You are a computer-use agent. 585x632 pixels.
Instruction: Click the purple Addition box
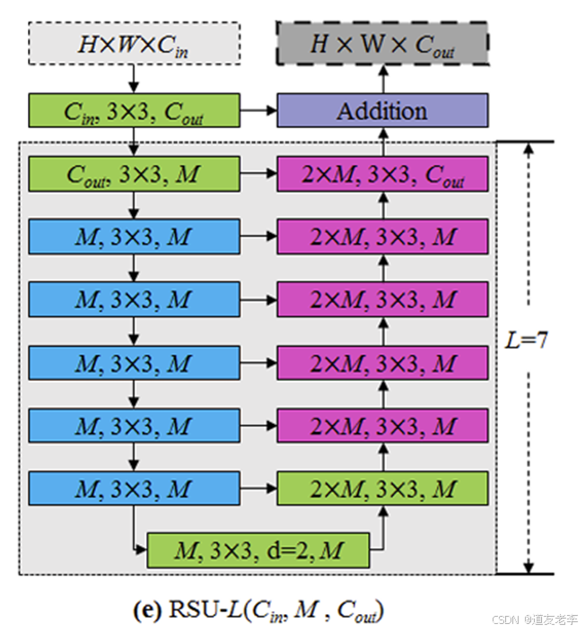click(x=381, y=112)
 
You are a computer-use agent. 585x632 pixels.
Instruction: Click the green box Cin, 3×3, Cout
click(x=135, y=112)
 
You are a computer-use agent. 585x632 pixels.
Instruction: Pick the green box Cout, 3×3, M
click(x=135, y=174)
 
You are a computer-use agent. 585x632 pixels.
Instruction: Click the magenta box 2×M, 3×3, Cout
click(x=381, y=174)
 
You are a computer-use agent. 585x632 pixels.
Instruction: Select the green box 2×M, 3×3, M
click(x=381, y=489)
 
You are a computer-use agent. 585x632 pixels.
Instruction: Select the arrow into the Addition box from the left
click(x=258, y=112)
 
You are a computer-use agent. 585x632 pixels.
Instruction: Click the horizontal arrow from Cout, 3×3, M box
click(x=258, y=174)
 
